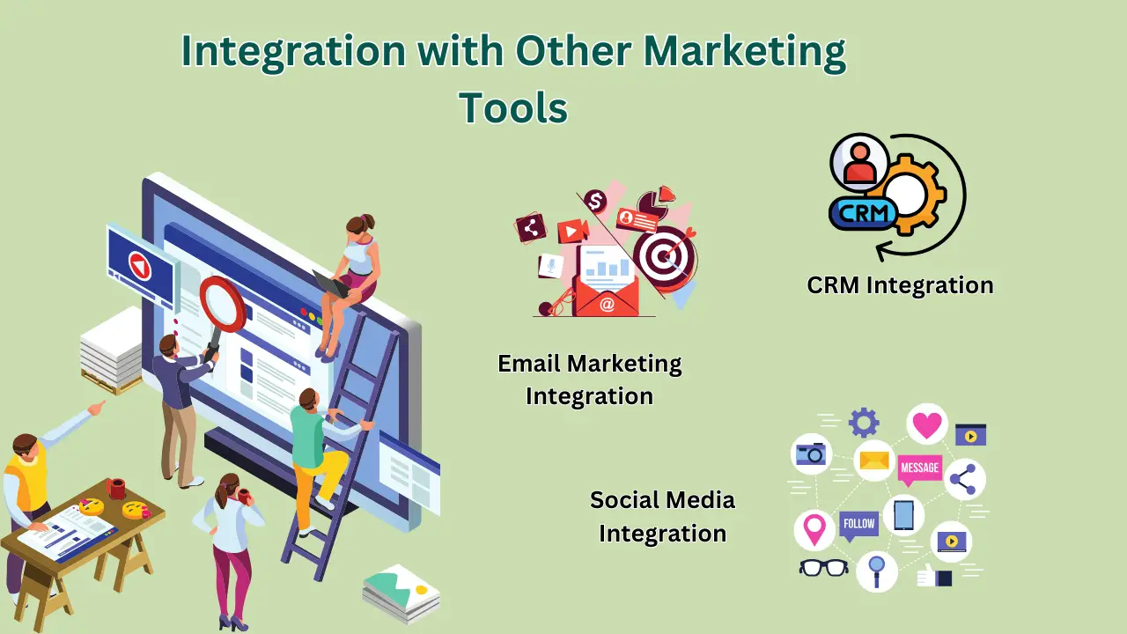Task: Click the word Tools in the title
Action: pyautogui.click(x=513, y=107)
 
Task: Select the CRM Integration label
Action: pyautogui.click(x=900, y=285)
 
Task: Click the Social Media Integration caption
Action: pyautogui.click(x=662, y=516)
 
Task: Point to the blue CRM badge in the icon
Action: pyautogui.click(x=863, y=212)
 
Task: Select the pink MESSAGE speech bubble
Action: pyautogui.click(x=920, y=468)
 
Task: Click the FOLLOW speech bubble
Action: pyautogui.click(x=858, y=525)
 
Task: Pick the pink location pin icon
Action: pyautogui.click(x=814, y=530)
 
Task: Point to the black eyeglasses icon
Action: pyautogui.click(x=823, y=568)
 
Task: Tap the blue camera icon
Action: pyautogui.click(x=811, y=453)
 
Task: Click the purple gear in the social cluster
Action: pyautogui.click(x=864, y=423)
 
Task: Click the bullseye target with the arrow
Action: pyautogui.click(x=665, y=255)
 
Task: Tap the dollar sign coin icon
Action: pyautogui.click(x=596, y=202)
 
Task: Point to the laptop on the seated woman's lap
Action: pyautogui.click(x=331, y=284)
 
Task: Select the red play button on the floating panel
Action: pyautogui.click(x=138, y=264)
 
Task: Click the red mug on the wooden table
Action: pyautogui.click(x=116, y=488)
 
